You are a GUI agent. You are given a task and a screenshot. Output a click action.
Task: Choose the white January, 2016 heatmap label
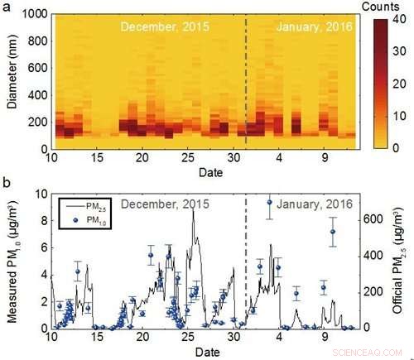[313, 26]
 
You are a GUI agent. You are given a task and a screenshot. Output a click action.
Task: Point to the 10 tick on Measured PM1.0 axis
[40, 194]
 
